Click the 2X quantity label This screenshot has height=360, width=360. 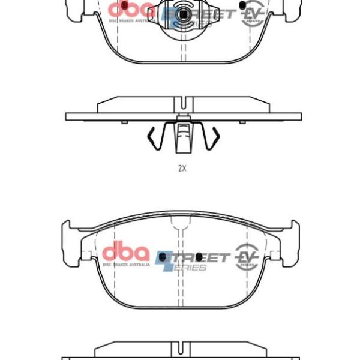(182, 169)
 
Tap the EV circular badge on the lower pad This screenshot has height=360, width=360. (247, 256)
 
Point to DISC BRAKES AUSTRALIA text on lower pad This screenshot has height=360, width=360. (125, 263)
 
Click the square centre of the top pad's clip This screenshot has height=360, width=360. (182, 11)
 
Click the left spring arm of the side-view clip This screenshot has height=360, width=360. (154, 139)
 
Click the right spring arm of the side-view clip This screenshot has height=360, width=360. (209, 139)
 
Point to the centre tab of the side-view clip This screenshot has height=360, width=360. (182, 138)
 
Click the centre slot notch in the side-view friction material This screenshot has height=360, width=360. (182, 101)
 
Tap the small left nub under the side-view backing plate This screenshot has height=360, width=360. (124, 122)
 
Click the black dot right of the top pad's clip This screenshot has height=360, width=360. (241, 5)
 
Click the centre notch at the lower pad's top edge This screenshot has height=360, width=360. (182, 229)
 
